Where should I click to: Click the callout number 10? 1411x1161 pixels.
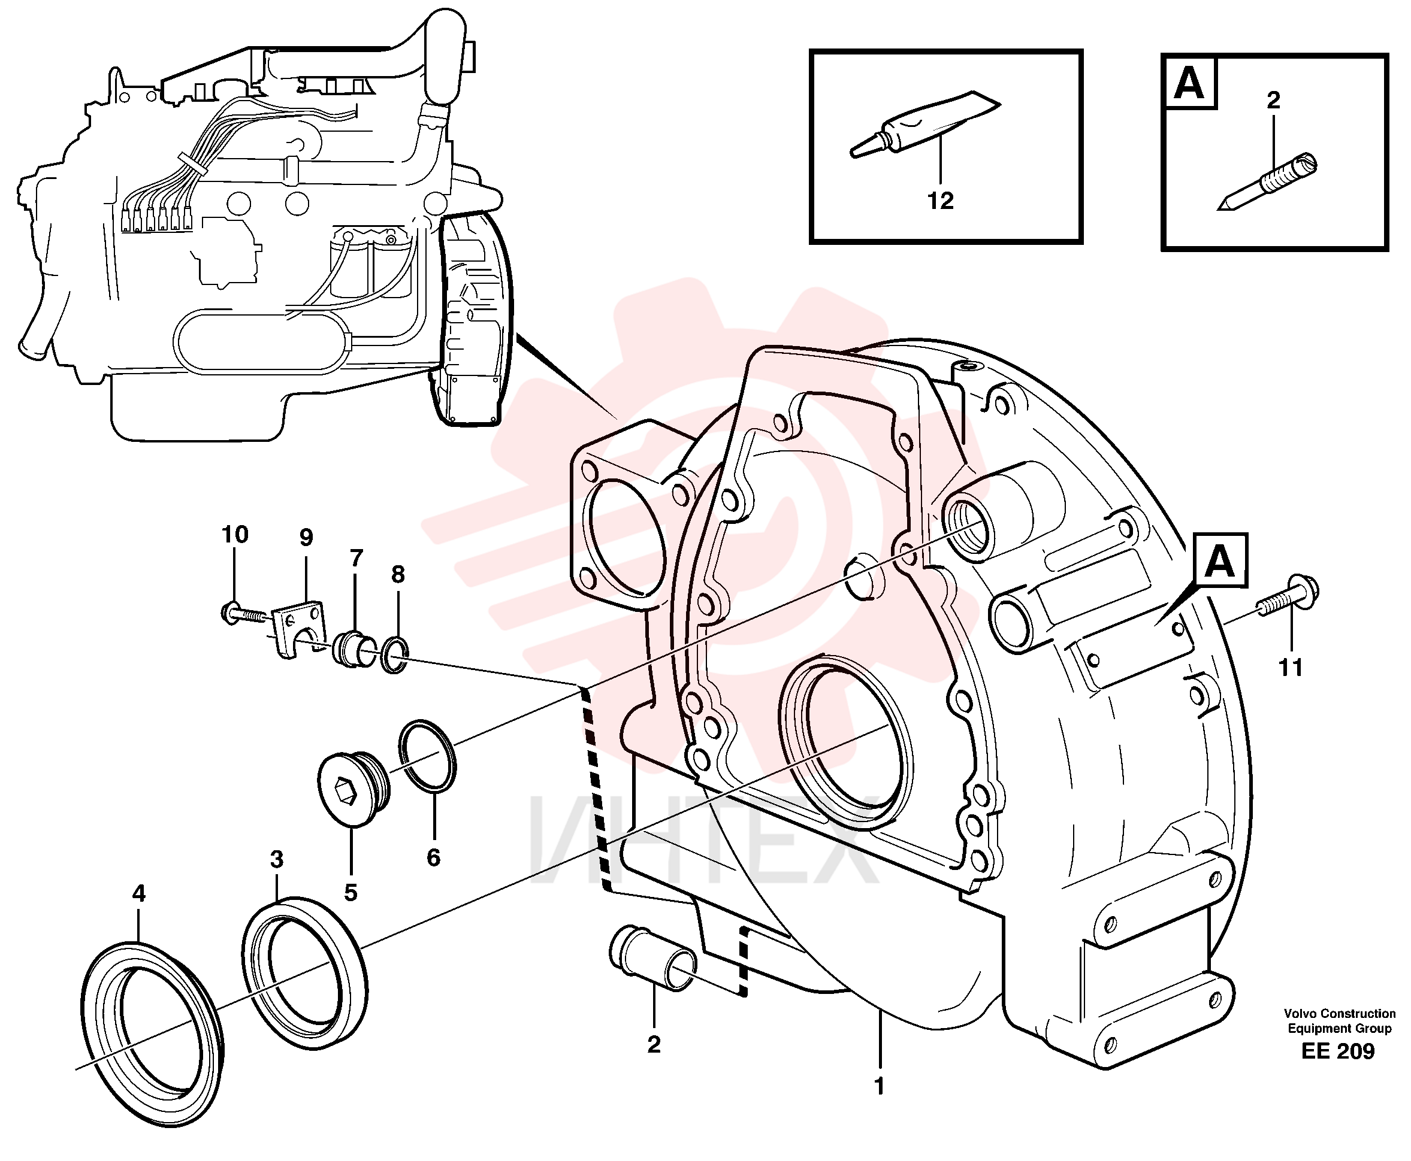[x=235, y=534]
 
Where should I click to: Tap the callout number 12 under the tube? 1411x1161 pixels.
[x=940, y=200]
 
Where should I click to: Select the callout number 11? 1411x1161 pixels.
[x=1291, y=668]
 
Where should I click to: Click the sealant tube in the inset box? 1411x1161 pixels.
[x=924, y=125]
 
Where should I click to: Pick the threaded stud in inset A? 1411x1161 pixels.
[x=1267, y=182]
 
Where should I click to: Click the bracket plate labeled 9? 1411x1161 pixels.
[x=298, y=629]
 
